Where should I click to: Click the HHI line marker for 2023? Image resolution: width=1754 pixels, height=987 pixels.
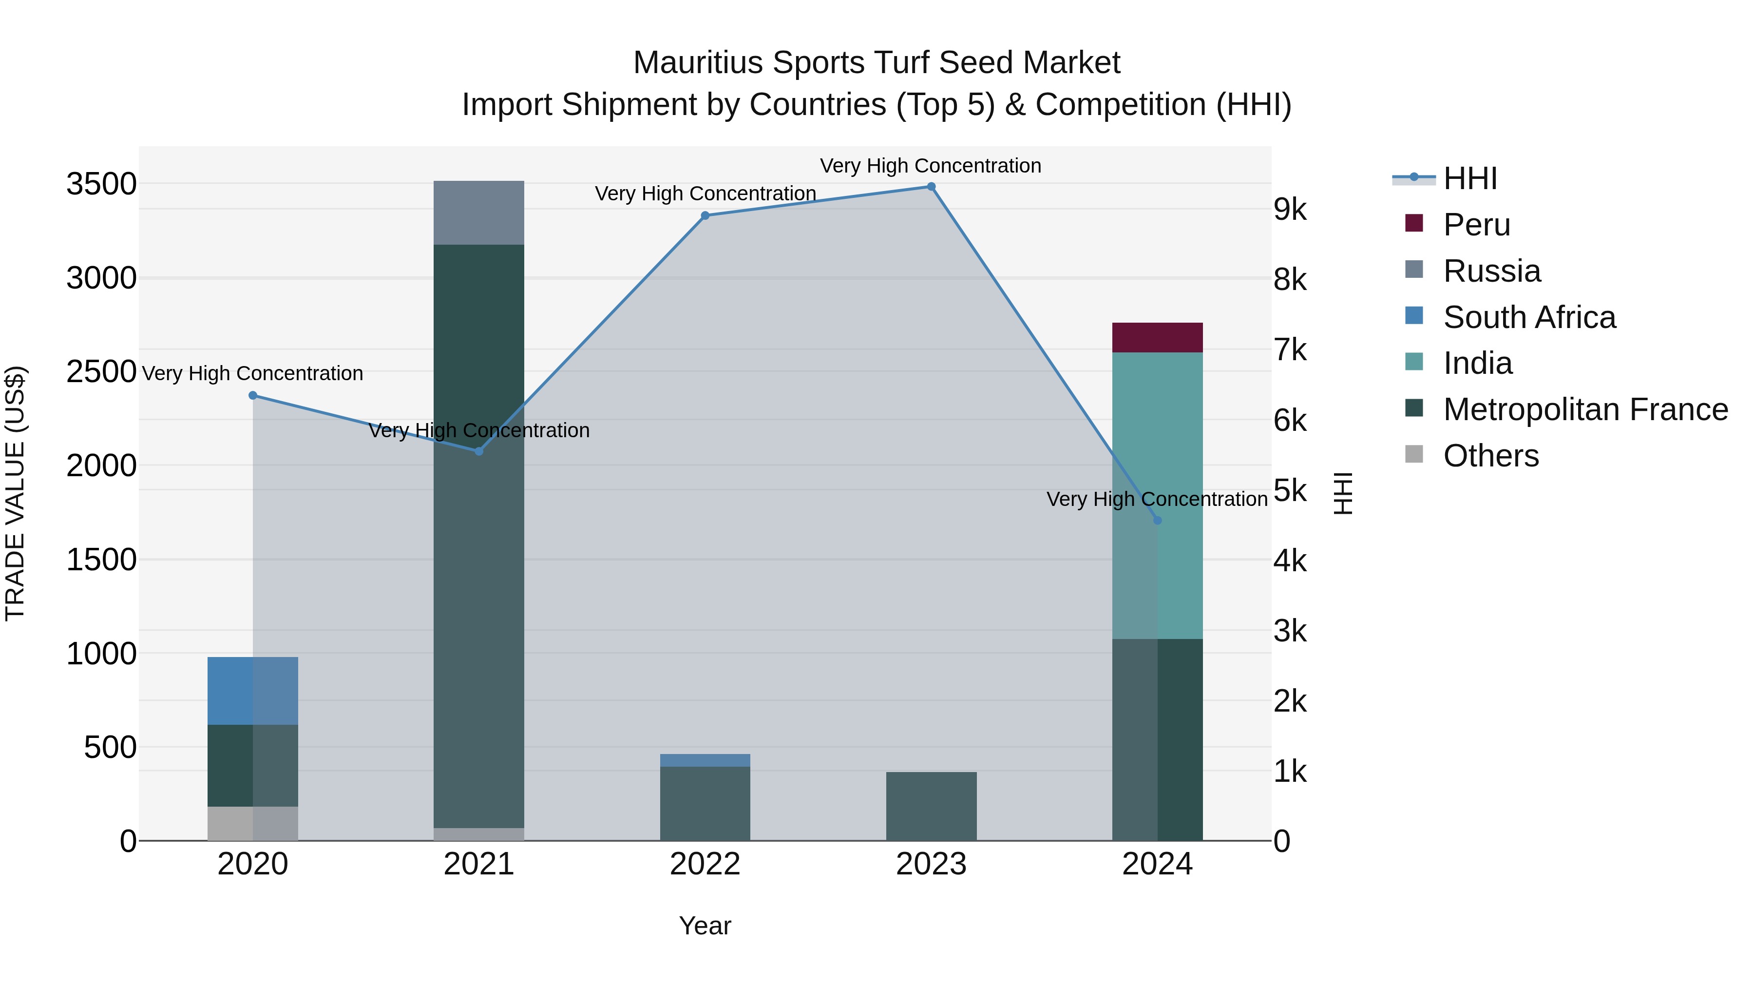pyautogui.click(x=931, y=187)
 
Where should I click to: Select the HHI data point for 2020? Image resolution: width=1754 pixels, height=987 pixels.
pyautogui.click(x=252, y=395)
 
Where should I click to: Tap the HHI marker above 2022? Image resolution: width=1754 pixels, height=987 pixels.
pyautogui.click(x=705, y=216)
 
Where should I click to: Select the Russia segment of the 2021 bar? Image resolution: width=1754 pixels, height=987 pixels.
pyautogui.click(x=478, y=213)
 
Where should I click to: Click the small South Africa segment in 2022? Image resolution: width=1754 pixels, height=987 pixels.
pyautogui.click(x=705, y=760)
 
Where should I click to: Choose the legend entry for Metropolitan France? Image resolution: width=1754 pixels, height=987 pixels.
pyautogui.click(x=1585, y=409)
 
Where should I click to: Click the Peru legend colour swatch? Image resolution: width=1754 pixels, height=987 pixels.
pyautogui.click(x=1413, y=223)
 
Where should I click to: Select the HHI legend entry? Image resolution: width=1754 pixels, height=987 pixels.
pyautogui.click(x=1469, y=178)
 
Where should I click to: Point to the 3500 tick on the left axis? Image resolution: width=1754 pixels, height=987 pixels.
pyautogui.click(x=101, y=184)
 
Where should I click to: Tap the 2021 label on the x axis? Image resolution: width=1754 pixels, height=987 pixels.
pyautogui.click(x=478, y=864)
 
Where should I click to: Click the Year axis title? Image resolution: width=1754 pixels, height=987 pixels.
pyautogui.click(x=705, y=926)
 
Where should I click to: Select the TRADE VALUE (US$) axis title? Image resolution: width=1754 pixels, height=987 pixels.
pyautogui.click(x=15, y=493)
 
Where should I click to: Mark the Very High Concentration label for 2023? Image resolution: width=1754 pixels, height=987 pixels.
pyautogui.click(x=930, y=166)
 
